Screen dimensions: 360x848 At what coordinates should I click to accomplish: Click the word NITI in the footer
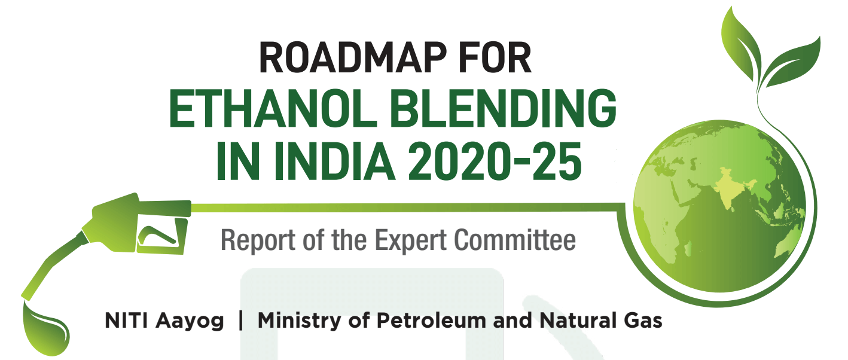pos(127,321)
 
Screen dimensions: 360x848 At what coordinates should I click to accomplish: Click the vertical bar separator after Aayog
pos(240,321)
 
